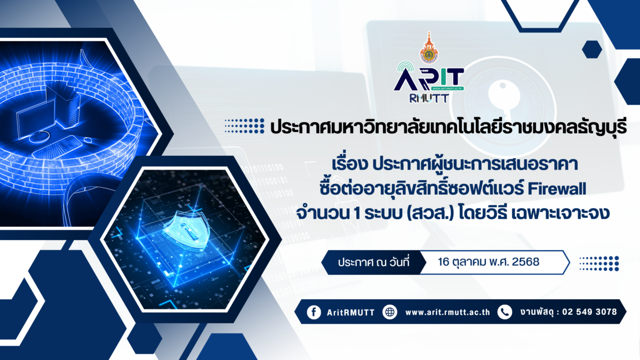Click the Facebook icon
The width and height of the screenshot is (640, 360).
point(314,312)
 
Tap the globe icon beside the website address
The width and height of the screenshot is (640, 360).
point(390,312)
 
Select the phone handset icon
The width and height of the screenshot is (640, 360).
point(505,312)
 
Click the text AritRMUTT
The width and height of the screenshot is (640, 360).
point(350,313)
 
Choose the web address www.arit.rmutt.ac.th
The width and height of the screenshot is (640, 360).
point(447,313)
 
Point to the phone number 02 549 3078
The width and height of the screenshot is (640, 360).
point(589,311)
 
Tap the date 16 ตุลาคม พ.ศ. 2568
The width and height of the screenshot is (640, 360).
point(489,262)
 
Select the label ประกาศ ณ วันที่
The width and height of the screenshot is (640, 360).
point(374,262)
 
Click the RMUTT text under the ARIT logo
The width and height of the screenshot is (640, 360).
point(429,98)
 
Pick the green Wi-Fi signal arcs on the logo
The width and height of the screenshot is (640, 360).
point(407,68)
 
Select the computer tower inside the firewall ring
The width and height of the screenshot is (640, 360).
point(68,106)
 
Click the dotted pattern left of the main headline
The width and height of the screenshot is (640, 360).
point(244,126)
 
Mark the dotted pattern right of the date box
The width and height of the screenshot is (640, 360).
point(599,263)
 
